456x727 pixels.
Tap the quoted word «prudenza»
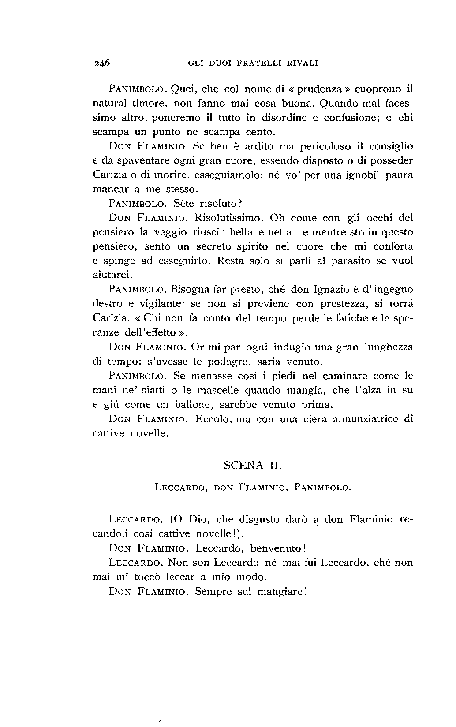tap(320, 89)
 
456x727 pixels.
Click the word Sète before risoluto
tap(185, 204)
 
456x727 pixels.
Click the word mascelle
tap(220, 391)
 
